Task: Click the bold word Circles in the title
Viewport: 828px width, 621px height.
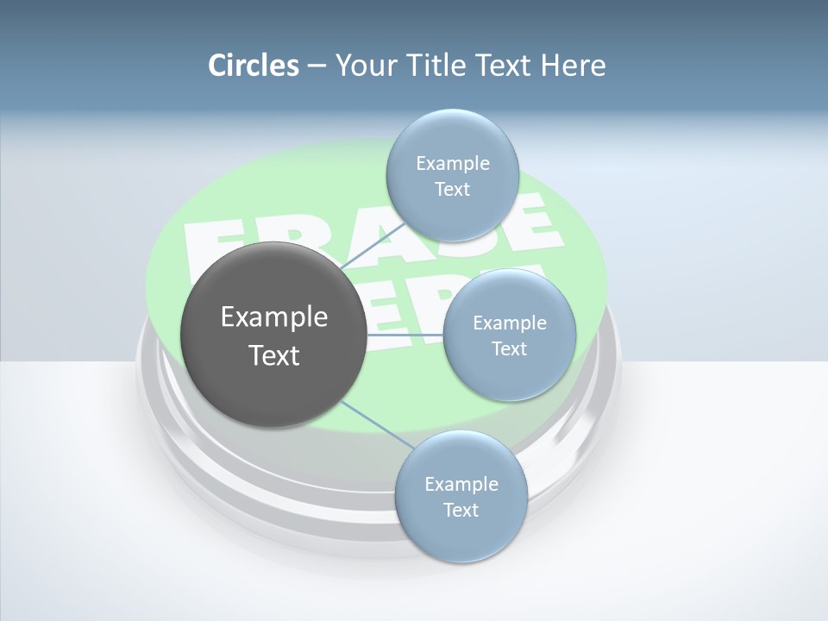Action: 253,66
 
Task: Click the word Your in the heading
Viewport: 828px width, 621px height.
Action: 366,66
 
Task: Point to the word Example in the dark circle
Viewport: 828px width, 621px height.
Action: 274,317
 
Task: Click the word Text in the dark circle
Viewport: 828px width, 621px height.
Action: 274,355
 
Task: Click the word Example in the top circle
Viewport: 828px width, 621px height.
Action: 453,163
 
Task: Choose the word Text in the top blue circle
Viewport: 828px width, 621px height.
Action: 452,189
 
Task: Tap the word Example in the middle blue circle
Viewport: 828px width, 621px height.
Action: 510,323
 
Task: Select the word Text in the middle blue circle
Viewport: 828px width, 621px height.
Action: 509,348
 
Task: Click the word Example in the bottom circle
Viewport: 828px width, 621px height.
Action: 461,484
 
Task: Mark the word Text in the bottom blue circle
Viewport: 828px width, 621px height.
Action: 461,510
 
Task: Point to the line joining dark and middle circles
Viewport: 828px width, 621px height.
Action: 404,334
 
